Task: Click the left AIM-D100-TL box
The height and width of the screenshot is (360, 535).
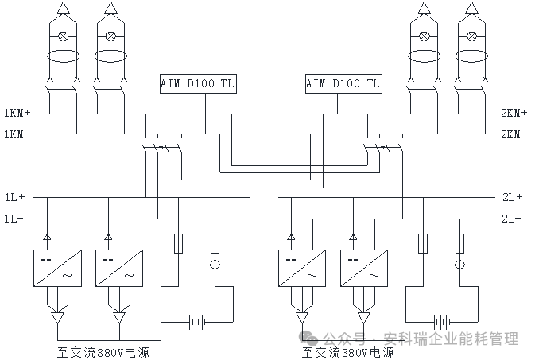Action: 198,83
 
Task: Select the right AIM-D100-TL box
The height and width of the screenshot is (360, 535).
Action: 343,83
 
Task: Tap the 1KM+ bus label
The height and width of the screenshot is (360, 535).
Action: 17,113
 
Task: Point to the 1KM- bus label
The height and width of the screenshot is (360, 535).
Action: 17,134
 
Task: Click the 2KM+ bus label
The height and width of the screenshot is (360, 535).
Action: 513,113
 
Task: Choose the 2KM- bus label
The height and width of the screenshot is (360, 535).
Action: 513,134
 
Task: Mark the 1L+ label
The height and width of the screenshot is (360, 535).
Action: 15,196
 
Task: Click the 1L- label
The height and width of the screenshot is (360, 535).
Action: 15,218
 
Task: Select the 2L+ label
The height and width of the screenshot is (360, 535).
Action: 510,196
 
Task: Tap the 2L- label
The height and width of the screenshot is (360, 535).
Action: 510,218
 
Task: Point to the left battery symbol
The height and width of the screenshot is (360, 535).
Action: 197,322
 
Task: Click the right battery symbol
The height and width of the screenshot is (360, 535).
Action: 442,322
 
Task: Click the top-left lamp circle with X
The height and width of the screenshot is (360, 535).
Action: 64,36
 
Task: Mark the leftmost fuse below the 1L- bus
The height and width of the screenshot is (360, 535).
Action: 178,242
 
